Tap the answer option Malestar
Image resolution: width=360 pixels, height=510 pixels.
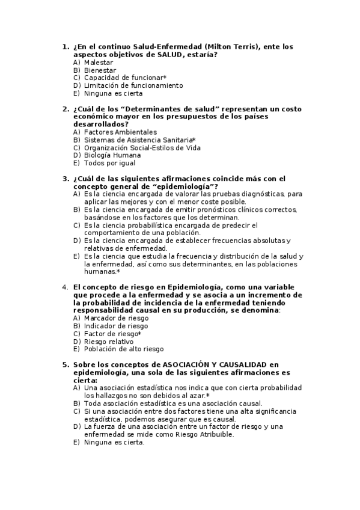point(99,62)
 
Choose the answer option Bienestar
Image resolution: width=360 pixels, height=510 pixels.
point(100,70)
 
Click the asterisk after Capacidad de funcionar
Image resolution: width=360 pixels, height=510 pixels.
point(165,78)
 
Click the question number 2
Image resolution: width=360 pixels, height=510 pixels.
point(66,109)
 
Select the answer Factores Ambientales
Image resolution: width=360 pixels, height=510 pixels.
point(120,132)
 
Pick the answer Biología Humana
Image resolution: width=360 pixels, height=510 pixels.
point(112,155)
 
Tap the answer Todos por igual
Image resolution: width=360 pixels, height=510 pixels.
point(109,163)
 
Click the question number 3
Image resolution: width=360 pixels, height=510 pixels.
point(66,179)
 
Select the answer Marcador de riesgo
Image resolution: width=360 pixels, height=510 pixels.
point(116,318)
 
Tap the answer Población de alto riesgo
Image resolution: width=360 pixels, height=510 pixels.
point(124,349)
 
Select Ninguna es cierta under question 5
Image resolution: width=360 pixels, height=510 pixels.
point(114,442)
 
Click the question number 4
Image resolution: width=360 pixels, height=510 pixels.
point(66,287)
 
